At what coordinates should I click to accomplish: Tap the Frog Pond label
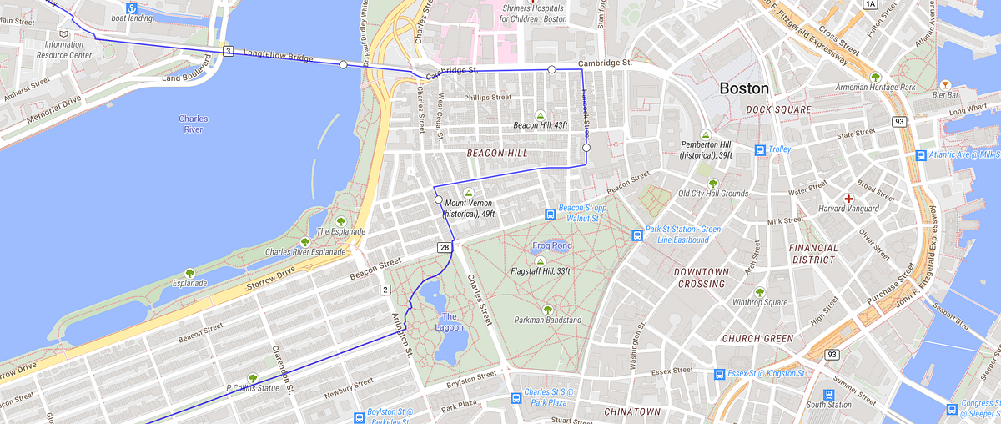(551, 246)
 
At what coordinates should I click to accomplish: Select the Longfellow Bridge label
(278, 56)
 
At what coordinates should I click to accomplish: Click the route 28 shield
(445, 247)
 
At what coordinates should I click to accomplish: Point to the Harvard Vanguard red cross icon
(848, 199)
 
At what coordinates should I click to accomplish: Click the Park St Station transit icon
(637, 235)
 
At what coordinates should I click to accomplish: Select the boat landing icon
(131, 8)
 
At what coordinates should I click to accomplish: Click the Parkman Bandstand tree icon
(547, 310)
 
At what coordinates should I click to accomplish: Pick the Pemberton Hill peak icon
(706, 134)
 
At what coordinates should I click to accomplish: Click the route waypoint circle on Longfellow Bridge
(343, 64)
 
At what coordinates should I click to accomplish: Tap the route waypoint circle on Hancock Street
(586, 148)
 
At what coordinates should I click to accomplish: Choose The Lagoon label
(450, 321)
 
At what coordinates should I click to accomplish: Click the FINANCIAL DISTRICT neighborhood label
(813, 254)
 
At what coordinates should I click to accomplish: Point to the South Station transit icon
(828, 394)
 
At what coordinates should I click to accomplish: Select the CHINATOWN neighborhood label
(632, 411)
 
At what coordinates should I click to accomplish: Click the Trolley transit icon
(760, 150)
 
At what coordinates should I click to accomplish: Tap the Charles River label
(194, 124)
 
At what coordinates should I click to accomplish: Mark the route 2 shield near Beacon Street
(385, 290)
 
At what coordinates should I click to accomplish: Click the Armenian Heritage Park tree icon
(875, 77)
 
